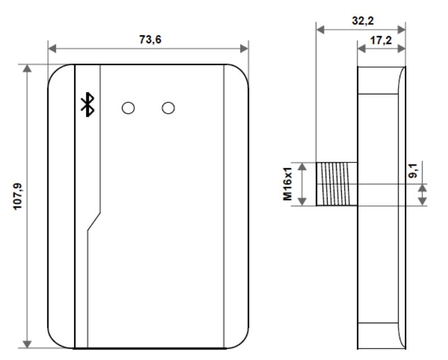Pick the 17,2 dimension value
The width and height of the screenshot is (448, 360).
[381, 40]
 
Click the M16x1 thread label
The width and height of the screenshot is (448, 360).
[288, 184]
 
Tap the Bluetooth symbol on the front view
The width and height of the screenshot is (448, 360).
[87, 105]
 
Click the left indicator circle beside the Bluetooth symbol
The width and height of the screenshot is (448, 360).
[128, 107]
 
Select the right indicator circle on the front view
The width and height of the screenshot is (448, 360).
[168, 107]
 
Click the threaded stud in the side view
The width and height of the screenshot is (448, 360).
[336, 184]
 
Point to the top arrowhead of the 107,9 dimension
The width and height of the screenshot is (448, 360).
[27, 68]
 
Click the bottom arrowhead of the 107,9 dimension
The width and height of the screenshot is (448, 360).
[27, 343]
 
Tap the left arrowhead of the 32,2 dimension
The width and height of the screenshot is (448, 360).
[321, 29]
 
